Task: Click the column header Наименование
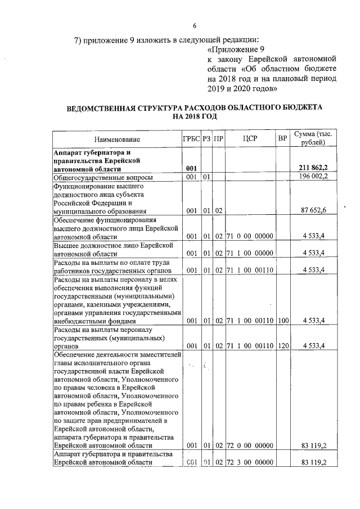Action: click(117, 138)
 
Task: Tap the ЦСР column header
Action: click(250, 138)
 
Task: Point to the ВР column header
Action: click(283, 138)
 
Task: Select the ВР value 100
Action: click(283, 321)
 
